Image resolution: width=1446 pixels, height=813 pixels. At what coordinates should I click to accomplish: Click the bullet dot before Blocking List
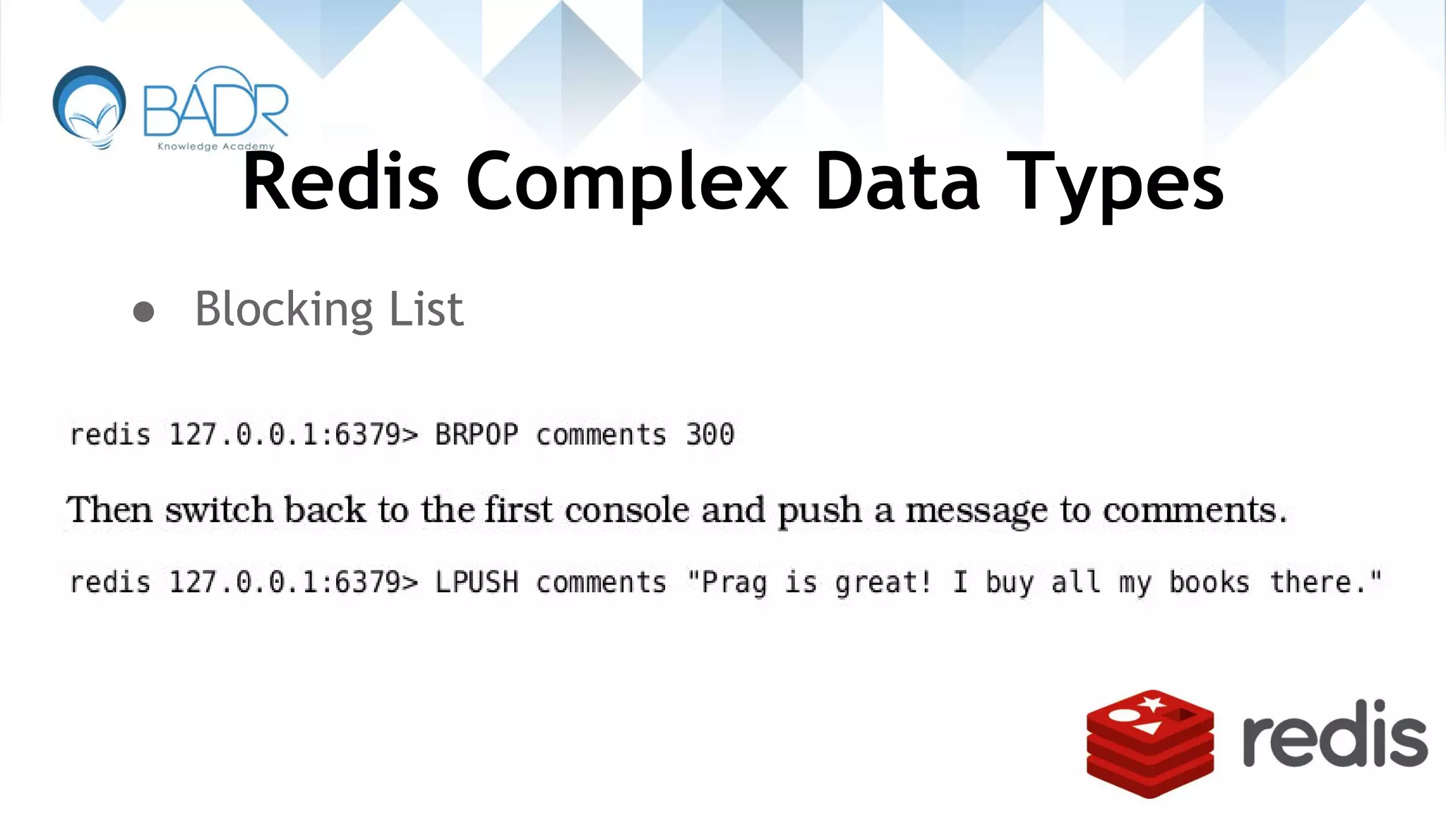click(143, 311)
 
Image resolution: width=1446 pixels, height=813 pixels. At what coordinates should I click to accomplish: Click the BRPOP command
click(477, 434)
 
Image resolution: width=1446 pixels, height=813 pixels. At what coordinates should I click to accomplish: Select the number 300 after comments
click(710, 434)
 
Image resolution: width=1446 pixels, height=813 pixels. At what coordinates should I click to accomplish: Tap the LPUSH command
click(477, 582)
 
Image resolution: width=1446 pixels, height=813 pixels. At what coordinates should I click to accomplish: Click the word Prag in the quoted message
click(734, 583)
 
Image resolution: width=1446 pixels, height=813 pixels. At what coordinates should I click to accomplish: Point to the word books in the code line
click(1209, 582)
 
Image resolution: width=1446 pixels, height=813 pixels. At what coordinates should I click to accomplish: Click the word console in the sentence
click(626, 510)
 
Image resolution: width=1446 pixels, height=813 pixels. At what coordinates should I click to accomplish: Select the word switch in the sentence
click(219, 510)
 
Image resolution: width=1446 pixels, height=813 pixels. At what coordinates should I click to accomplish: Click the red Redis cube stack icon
click(1149, 744)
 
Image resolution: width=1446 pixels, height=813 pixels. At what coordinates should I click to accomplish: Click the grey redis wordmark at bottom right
click(1334, 734)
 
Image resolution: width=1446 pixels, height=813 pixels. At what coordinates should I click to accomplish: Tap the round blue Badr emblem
click(90, 106)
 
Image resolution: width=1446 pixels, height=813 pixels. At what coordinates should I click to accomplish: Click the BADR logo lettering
click(215, 104)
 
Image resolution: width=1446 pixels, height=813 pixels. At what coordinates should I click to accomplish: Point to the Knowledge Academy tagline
click(215, 147)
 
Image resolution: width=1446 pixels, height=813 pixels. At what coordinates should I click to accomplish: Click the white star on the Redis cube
click(1152, 704)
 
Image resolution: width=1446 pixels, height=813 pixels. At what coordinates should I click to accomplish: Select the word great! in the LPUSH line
click(883, 583)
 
